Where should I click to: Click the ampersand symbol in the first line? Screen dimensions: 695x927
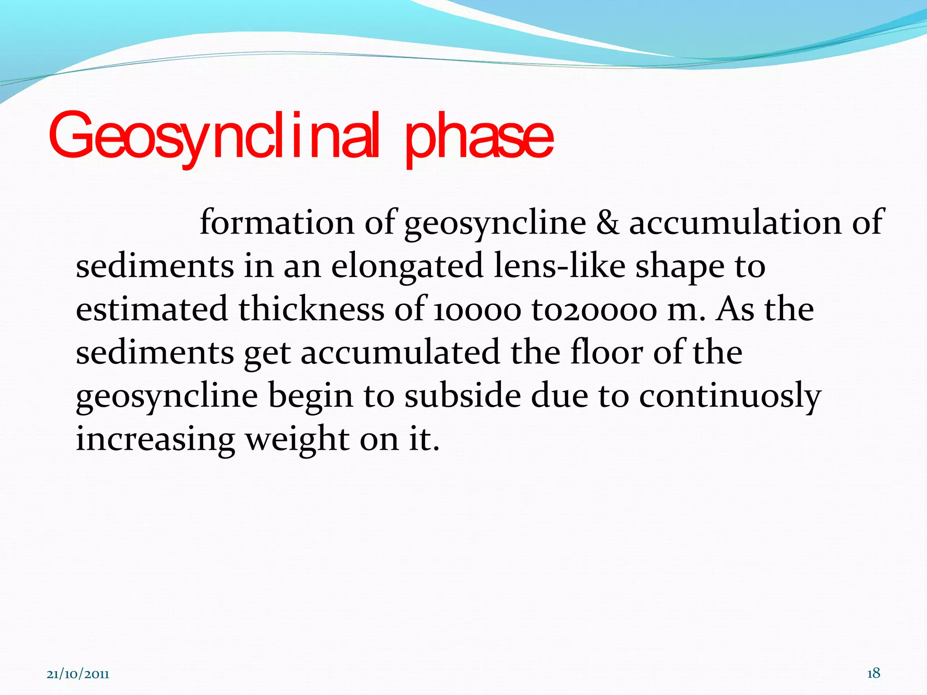607,223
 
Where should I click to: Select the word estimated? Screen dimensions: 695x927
152,309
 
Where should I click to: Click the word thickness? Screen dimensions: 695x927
311,309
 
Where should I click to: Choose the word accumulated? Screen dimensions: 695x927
400,353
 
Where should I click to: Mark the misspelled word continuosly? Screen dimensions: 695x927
730,396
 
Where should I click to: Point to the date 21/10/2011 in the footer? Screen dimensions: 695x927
78,675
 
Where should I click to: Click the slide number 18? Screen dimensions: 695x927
873,673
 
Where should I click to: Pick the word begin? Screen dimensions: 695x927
311,396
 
